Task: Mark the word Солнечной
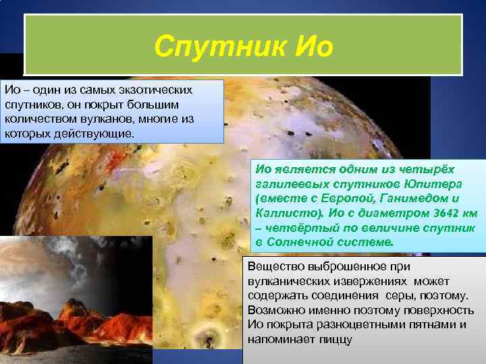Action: pyautogui.click(x=301, y=242)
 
